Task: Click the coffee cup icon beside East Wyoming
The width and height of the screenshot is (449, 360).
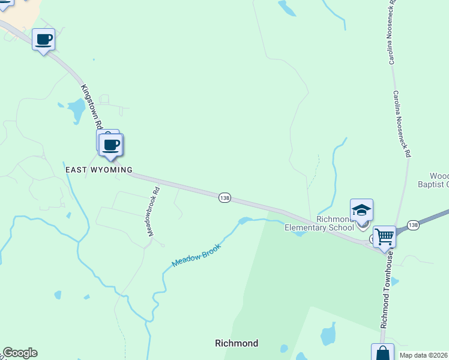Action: (x=111, y=145)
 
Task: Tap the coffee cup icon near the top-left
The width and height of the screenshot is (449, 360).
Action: (x=43, y=40)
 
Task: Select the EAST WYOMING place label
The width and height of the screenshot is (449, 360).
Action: (x=98, y=170)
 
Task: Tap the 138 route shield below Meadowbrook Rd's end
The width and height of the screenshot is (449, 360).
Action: (x=224, y=198)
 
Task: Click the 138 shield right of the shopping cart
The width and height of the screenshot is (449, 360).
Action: (x=413, y=224)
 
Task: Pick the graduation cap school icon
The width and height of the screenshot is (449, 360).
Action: (x=361, y=210)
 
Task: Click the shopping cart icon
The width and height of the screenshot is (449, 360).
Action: (x=384, y=236)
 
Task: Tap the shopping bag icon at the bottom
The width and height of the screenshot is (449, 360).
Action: (x=382, y=353)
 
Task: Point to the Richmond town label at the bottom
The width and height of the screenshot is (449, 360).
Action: (x=237, y=343)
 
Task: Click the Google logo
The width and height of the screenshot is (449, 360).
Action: (x=20, y=353)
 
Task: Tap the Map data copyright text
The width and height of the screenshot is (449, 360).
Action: (x=424, y=355)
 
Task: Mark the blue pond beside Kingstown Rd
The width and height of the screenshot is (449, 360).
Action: (x=76, y=110)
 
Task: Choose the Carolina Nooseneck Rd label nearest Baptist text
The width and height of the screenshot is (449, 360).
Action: (x=402, y=124)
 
